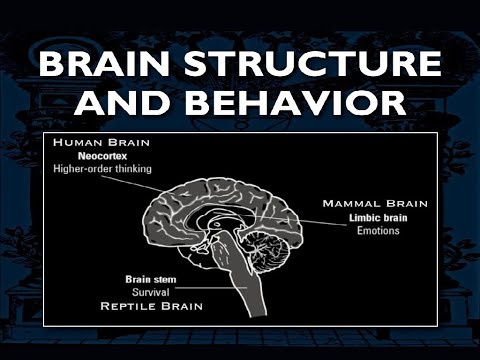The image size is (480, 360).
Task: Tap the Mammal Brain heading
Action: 375,203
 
